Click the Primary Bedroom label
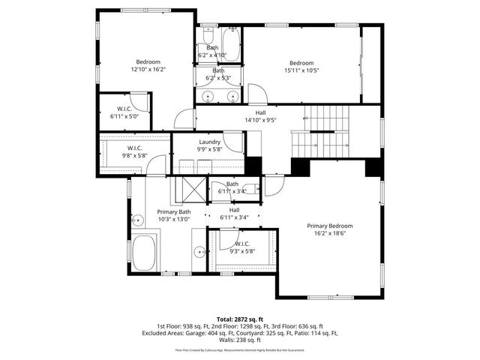coord(330,226)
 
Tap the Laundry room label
coord(209,142)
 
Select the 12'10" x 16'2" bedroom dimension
coord(148,70)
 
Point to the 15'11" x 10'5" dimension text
coord(301,70)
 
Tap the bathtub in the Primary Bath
coord(145,253)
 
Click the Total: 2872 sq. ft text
coord(239,319)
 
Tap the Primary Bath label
coord(174,212)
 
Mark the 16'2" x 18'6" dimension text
coord(330,233)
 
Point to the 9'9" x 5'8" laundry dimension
coord(209,149)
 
